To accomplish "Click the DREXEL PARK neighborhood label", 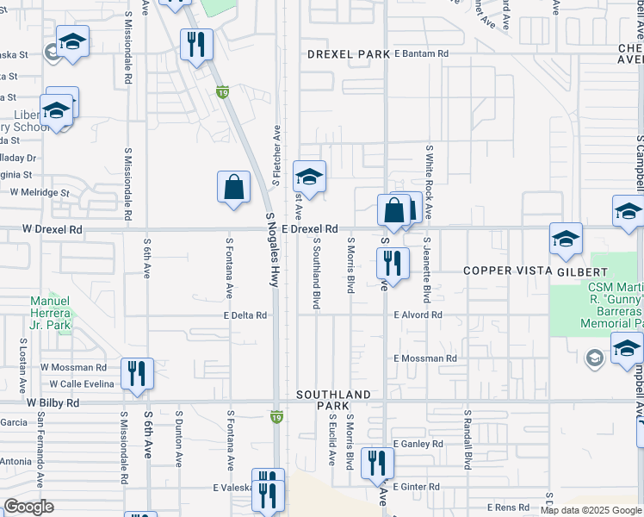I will (349, 54).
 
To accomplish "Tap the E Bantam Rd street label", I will (421, 53).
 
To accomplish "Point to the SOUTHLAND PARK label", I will (333, 400).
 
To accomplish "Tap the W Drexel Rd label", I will (53, 230).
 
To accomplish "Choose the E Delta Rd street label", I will (245, 315).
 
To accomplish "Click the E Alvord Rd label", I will (418, 315).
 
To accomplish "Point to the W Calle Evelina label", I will (84, 383).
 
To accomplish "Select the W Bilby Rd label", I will (53, 402).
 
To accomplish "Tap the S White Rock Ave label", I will (428, 182).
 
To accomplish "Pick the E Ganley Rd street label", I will (418, 444).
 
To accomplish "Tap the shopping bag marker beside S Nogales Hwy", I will (234, 187).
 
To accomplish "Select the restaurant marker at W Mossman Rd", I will (137, 373).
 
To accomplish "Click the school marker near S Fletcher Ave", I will (309, 178).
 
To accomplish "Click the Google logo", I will (28, 507).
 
